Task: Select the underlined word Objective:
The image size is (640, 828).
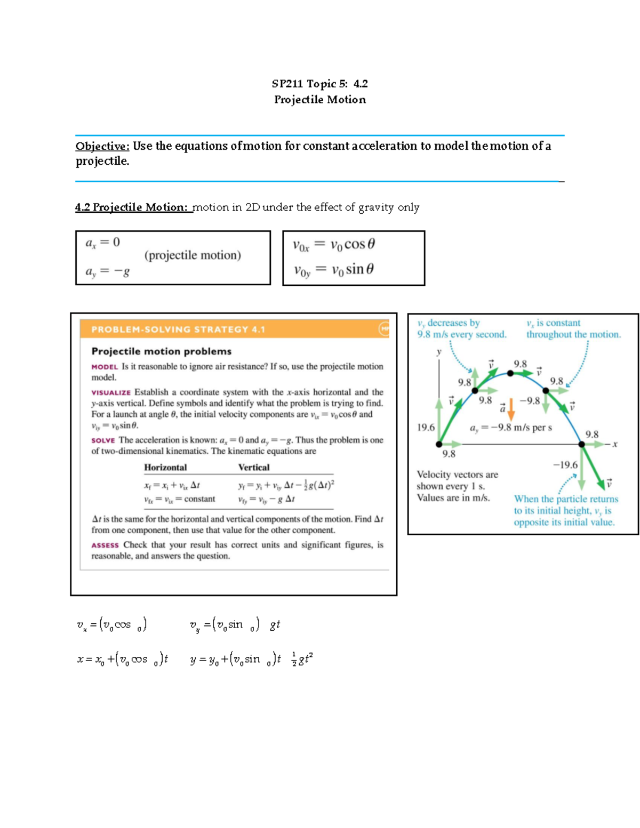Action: pos(102,146)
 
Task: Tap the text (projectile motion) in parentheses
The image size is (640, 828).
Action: pos(193,255)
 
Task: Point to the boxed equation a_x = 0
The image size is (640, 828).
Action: pos(103,243)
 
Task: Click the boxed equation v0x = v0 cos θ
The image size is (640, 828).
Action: pos(334,245)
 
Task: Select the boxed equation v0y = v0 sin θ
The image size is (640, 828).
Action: pos(334,270)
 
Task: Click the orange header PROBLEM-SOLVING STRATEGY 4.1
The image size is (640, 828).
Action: pos(178,329)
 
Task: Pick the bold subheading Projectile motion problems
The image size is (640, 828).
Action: pos(161,351)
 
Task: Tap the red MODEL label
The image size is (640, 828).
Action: pos(105,367)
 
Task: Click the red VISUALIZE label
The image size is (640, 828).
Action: pos(110,392)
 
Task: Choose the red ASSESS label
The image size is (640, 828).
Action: pos(105,545)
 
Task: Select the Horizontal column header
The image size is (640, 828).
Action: pos(165,468)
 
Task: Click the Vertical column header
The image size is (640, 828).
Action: pos(254,468)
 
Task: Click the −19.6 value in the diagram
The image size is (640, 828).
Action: pos(565,465)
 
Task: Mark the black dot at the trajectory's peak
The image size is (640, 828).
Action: pos(510,373)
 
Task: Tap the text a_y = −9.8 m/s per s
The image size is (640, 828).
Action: pos(510,428)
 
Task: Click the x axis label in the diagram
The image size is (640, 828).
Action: pos(614,444)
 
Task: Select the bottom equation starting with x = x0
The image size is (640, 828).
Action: pos(123,660)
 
